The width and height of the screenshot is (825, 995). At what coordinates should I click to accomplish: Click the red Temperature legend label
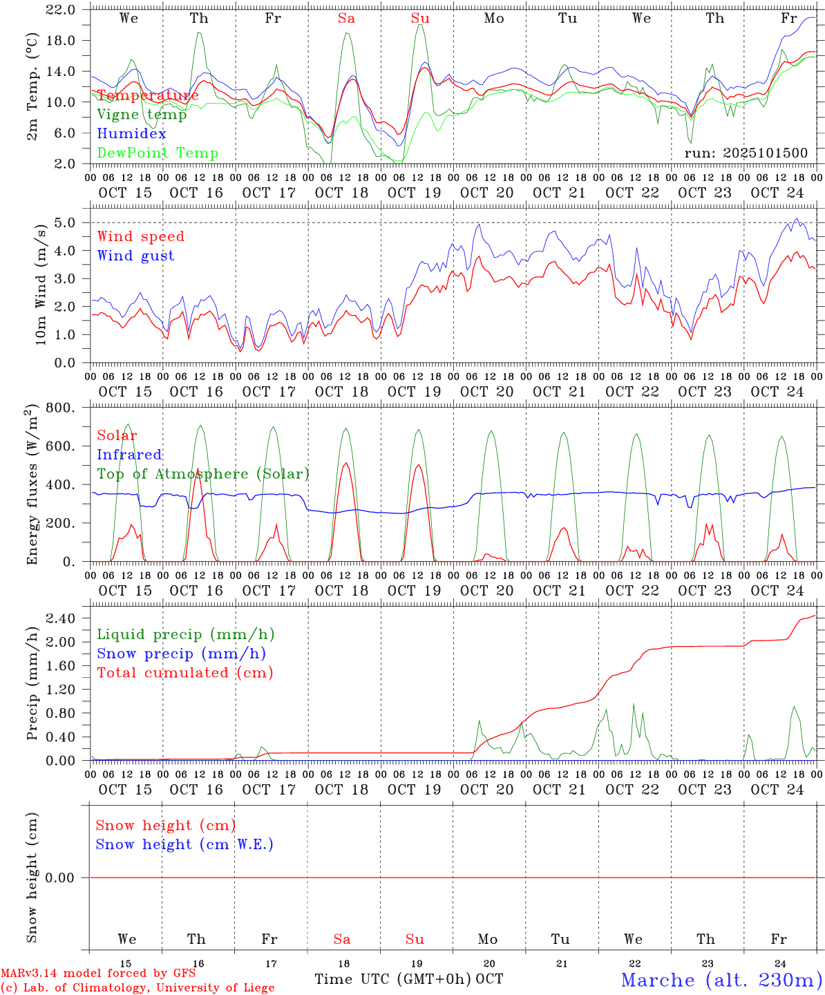coord(147,95)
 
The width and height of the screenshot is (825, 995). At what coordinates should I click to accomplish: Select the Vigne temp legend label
coord(142,115)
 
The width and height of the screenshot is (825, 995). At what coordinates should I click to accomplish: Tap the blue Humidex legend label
coord(131,134)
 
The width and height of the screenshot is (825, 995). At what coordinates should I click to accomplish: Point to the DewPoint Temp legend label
coord(158,153)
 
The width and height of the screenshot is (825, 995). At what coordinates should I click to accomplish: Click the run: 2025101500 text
coord(746,153)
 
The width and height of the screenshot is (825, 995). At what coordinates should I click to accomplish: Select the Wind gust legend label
coord(135,256)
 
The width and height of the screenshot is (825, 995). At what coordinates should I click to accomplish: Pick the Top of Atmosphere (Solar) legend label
coord(203,474)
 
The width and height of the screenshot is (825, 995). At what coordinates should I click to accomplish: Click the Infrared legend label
coord(129,455)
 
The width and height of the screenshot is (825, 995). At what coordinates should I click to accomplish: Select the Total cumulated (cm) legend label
coord(184,673)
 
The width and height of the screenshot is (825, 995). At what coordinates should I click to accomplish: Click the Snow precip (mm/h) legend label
coord(181,654)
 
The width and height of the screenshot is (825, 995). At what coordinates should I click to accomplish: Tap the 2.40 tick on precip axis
coord(63,618)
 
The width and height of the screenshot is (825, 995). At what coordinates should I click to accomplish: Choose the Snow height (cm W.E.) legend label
coord(184,844)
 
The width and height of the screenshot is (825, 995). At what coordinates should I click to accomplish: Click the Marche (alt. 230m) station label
coord(721,980)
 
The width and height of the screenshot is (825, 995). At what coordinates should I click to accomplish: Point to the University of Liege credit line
coord(137,988)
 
